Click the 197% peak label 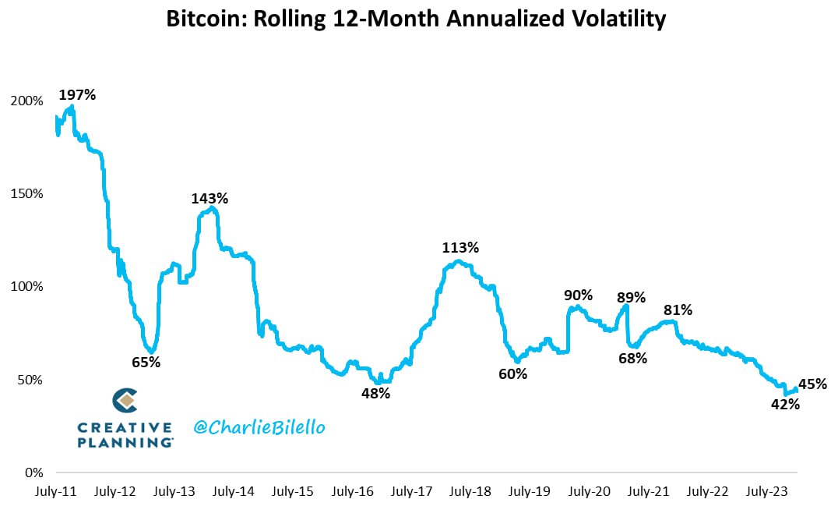77,95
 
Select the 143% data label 210,199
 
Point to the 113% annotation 460,248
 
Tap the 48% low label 375,394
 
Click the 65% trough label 146,363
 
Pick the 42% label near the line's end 785,405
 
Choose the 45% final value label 812,384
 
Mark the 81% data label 678,310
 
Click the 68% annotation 632,359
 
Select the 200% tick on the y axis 27,101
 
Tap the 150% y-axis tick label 27,194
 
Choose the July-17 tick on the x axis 411,492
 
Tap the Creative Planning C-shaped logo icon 125,401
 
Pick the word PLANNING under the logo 125,441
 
